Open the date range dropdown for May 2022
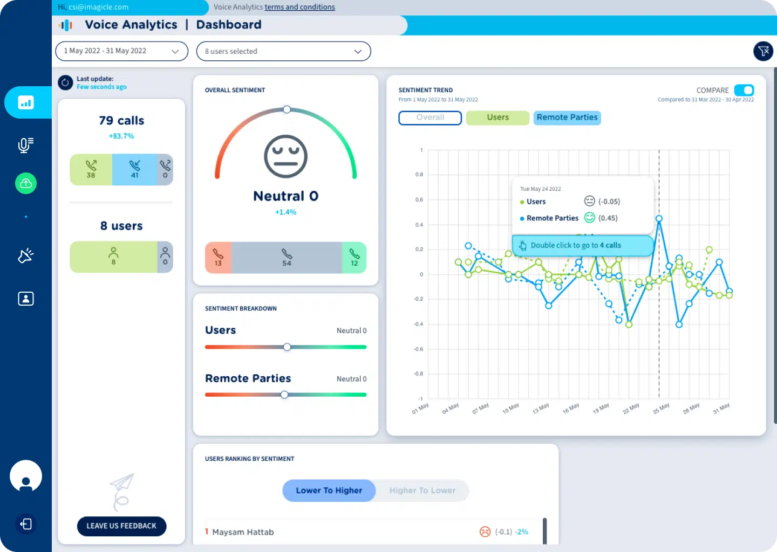pyautogui.click(x=121, y=51)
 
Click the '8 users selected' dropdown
pyautogui.click(x=283, y=51)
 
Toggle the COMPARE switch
pyautogui.click(x=744, y=90)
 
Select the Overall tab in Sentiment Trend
pyautogui.click(x=430, y=118)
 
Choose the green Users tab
pyautogui.click(x=497, y=118)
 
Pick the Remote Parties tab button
pyautogui.click(x=567, y=118)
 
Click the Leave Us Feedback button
pyautogui.click(x=121, y=526)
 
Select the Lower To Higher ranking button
pyautogui.click(x=329, y=491)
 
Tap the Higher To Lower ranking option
pyautogui.click(x=422, y=491)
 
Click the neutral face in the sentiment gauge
pyautogui.click(x=285, y=156)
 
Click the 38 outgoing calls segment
pyautogui.click(x=91, y=169)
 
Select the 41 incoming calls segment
pyautogui.click(x=135, y=169)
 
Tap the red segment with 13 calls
pyautogui.click(x=218, y=258)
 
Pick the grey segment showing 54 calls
pyautogui.click(x=287, y=258)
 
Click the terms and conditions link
pyautogui.click(x=299, y=7)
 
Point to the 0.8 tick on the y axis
pyautogui.click(x=419, y=175)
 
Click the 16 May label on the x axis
pyautogui.click(x=571, y=409)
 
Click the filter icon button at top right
pyautogui.click(x=763, y=51)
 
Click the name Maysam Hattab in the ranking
pyautogui.click(x=243, y=532)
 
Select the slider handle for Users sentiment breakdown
pyautogui.click(x=287, y=347)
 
